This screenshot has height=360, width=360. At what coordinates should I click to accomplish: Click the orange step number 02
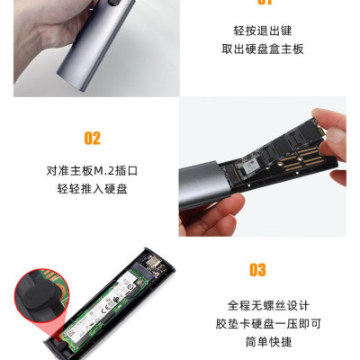pyautogui.click(x=92, y=138)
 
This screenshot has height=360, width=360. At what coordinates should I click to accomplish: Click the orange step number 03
pyautogui.click(x=257, y=270)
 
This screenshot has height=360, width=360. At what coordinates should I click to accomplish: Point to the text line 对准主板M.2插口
pyautogui.click(x=92, y=169)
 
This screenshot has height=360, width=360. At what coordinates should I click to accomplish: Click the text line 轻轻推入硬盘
pyautogui.click(x=92, y=189)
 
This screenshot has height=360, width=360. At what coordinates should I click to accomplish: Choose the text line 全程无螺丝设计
pyautogui.click(x=257, y=303)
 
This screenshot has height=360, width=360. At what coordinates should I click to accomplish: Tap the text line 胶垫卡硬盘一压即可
pyautogui.click(x=257, y=322)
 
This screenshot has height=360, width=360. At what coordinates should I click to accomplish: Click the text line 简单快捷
pyautogui.click(x=257, y=342)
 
